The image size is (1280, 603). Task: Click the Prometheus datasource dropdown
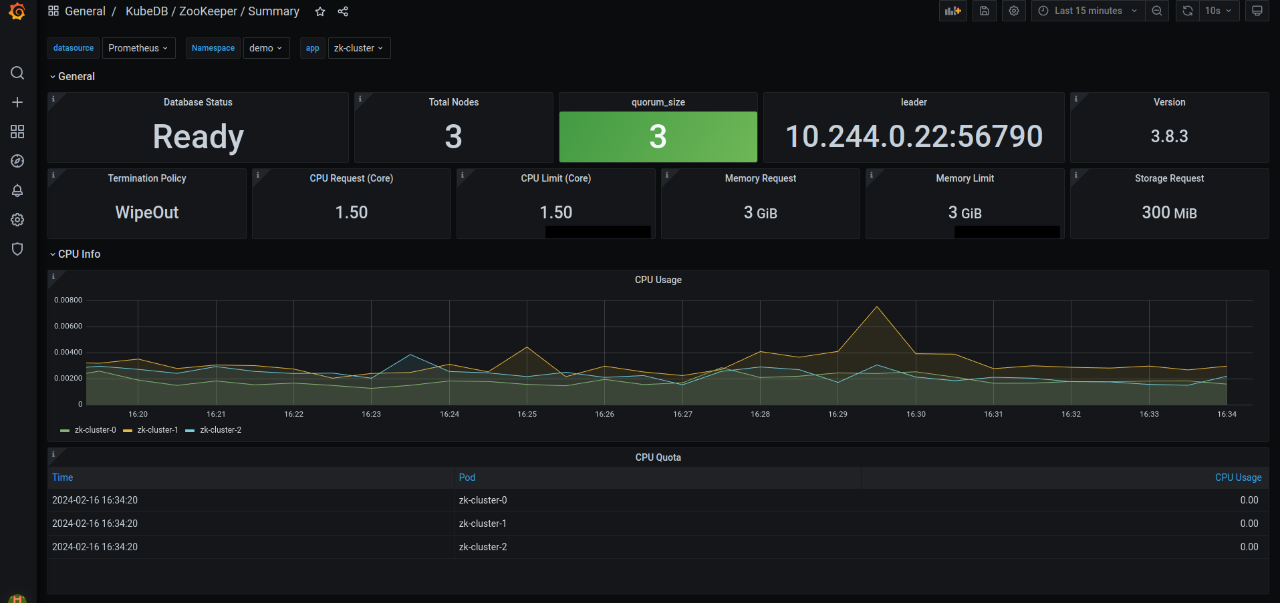point(138,48)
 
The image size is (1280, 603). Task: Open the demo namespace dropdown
point(265,48)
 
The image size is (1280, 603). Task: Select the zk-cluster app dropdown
point(358,48)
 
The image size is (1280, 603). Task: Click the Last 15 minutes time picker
point(1087,11)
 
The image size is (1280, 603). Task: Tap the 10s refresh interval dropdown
point(1218,11)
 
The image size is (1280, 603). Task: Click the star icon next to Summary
point(320,11)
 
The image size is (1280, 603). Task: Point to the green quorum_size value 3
point(658,137)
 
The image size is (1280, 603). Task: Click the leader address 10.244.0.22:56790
point(913,137)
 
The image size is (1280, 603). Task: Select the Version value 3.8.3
point(1168,136)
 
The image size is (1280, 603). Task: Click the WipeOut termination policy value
point(147,212)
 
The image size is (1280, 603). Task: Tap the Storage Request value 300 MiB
point(1168,212)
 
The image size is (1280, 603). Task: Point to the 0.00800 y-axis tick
point(68,300)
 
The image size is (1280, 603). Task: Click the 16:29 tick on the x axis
point(838,414)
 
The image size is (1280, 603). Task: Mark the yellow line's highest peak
point(876,307)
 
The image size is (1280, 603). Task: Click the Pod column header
point(467,477)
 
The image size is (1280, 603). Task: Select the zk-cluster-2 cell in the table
point(483,547)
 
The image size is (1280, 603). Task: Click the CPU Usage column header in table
point(1237,477)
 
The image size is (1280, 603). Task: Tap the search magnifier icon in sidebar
point(17,73)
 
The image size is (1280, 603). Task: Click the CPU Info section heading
point(79,254)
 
